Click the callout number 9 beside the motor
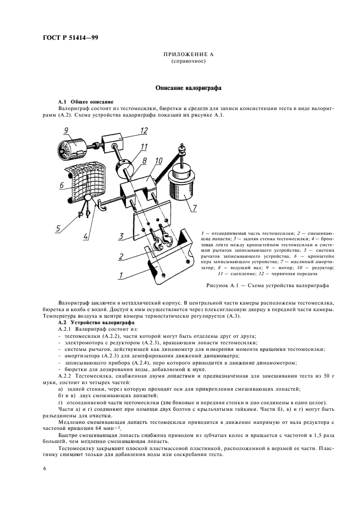pos(65,131)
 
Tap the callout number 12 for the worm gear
pos(144,130)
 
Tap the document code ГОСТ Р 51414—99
pos(70,38)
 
